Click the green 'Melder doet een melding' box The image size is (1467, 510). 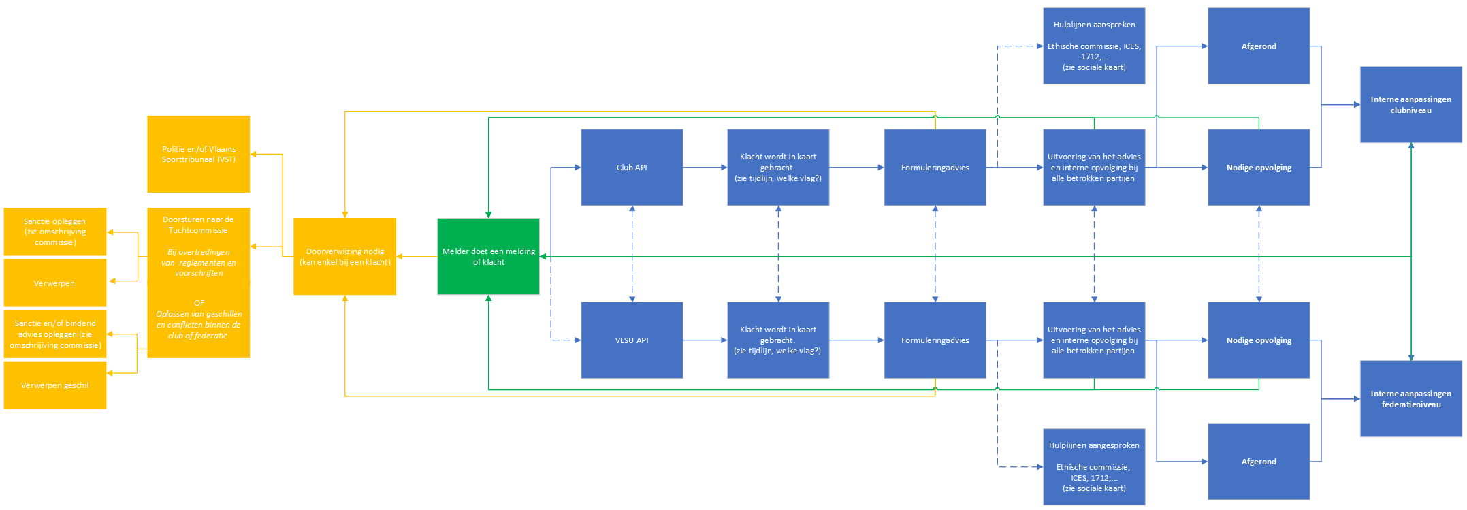[x=488, y=257]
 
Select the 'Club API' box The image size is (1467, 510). [x=632, y=168]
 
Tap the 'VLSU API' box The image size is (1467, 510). [x=632, y=340]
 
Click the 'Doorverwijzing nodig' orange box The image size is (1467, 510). [x=345, y=257]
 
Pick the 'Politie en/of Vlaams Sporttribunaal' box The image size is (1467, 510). [x=199, y=154]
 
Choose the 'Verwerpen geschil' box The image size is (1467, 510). [x=55, y=385]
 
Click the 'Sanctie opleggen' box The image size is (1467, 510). [x=55, y=232]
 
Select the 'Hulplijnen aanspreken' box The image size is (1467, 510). [x=1094, y=46]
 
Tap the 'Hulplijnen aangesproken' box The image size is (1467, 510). [x=1094, y=467]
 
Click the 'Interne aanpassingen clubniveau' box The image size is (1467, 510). [x=1410, y=105]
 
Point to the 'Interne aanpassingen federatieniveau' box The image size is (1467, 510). [x=1410, y=399]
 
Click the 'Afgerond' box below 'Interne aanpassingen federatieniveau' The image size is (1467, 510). [x=1259, y=462]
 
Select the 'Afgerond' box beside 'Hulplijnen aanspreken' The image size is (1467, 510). [x=1259, y=46]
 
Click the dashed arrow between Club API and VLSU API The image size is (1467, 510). [x=632, y=253]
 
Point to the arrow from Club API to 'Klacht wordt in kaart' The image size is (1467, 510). [x=705, y=168]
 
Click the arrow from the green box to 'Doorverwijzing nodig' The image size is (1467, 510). [x=417, y=257]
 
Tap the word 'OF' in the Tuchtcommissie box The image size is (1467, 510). [x=199, y=303]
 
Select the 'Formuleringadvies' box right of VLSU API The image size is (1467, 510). [x=935, y=340]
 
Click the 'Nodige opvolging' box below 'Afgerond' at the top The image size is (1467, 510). [x=1259, y=168]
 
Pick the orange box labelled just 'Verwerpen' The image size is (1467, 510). [x=55, y=283]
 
